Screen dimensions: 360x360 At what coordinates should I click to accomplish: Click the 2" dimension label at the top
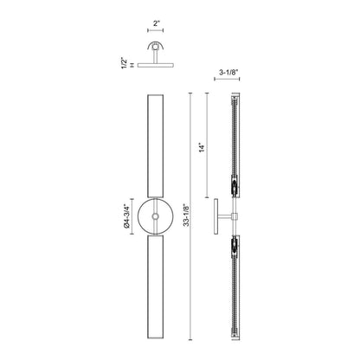click(x=157, y=23)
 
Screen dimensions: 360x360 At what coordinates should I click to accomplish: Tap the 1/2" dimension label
click(x=125, y=63)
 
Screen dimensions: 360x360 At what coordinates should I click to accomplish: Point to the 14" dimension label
click(x=202, y=147)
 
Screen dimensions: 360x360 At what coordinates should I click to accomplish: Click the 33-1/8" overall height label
click(x=187, y=215)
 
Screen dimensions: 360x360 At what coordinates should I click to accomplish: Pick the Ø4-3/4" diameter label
click(x=125, y=215)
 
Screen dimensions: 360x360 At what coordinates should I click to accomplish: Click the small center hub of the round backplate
click(x=156, y=216)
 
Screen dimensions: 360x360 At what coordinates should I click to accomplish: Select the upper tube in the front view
click(x=156, y=146)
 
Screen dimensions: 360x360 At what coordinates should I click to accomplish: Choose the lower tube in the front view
click(x=156, y=287)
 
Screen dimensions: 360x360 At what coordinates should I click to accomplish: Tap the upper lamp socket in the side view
click(x=235, y=186)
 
